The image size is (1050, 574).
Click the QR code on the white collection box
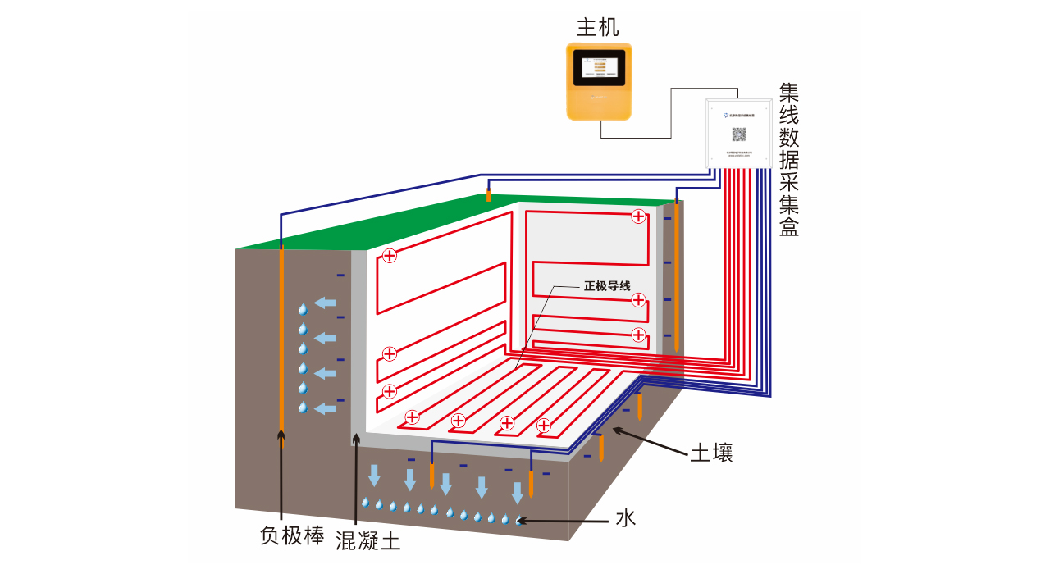click(738, 134)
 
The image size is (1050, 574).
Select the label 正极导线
click(607, 286)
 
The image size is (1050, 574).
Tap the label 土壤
click(710, 453)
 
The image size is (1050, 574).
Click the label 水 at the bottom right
click(625, 518)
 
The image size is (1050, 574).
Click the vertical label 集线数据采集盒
click(788, 160)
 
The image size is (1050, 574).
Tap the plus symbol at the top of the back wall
click(638, 216)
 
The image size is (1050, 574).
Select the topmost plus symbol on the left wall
click(390, 256)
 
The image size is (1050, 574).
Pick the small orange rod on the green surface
click(489, 195)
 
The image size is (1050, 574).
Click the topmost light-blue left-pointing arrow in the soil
click(326, 304)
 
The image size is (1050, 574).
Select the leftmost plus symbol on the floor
click(413, 417)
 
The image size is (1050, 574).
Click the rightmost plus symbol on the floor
click(543, 425)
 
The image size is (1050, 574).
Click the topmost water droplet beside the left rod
click(303, 309)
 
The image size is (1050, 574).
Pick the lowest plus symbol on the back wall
click(639, 335)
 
